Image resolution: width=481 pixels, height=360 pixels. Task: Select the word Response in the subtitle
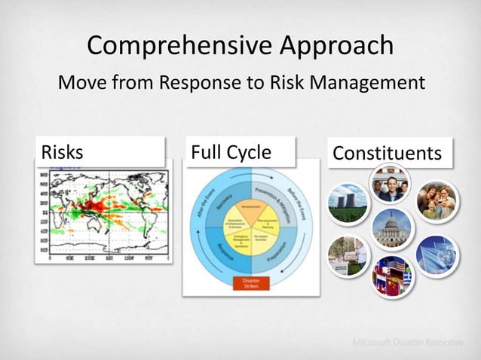tap(197, 82)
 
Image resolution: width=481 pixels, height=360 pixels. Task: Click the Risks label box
tap(100, 152)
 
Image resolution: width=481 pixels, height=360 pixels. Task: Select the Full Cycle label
tap(240, 152)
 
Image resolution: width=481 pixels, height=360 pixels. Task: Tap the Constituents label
tap(388, 153)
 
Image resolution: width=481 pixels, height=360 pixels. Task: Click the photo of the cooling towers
tap(348, 203)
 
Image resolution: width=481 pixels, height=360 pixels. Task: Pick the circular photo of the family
tap(437, 200)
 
